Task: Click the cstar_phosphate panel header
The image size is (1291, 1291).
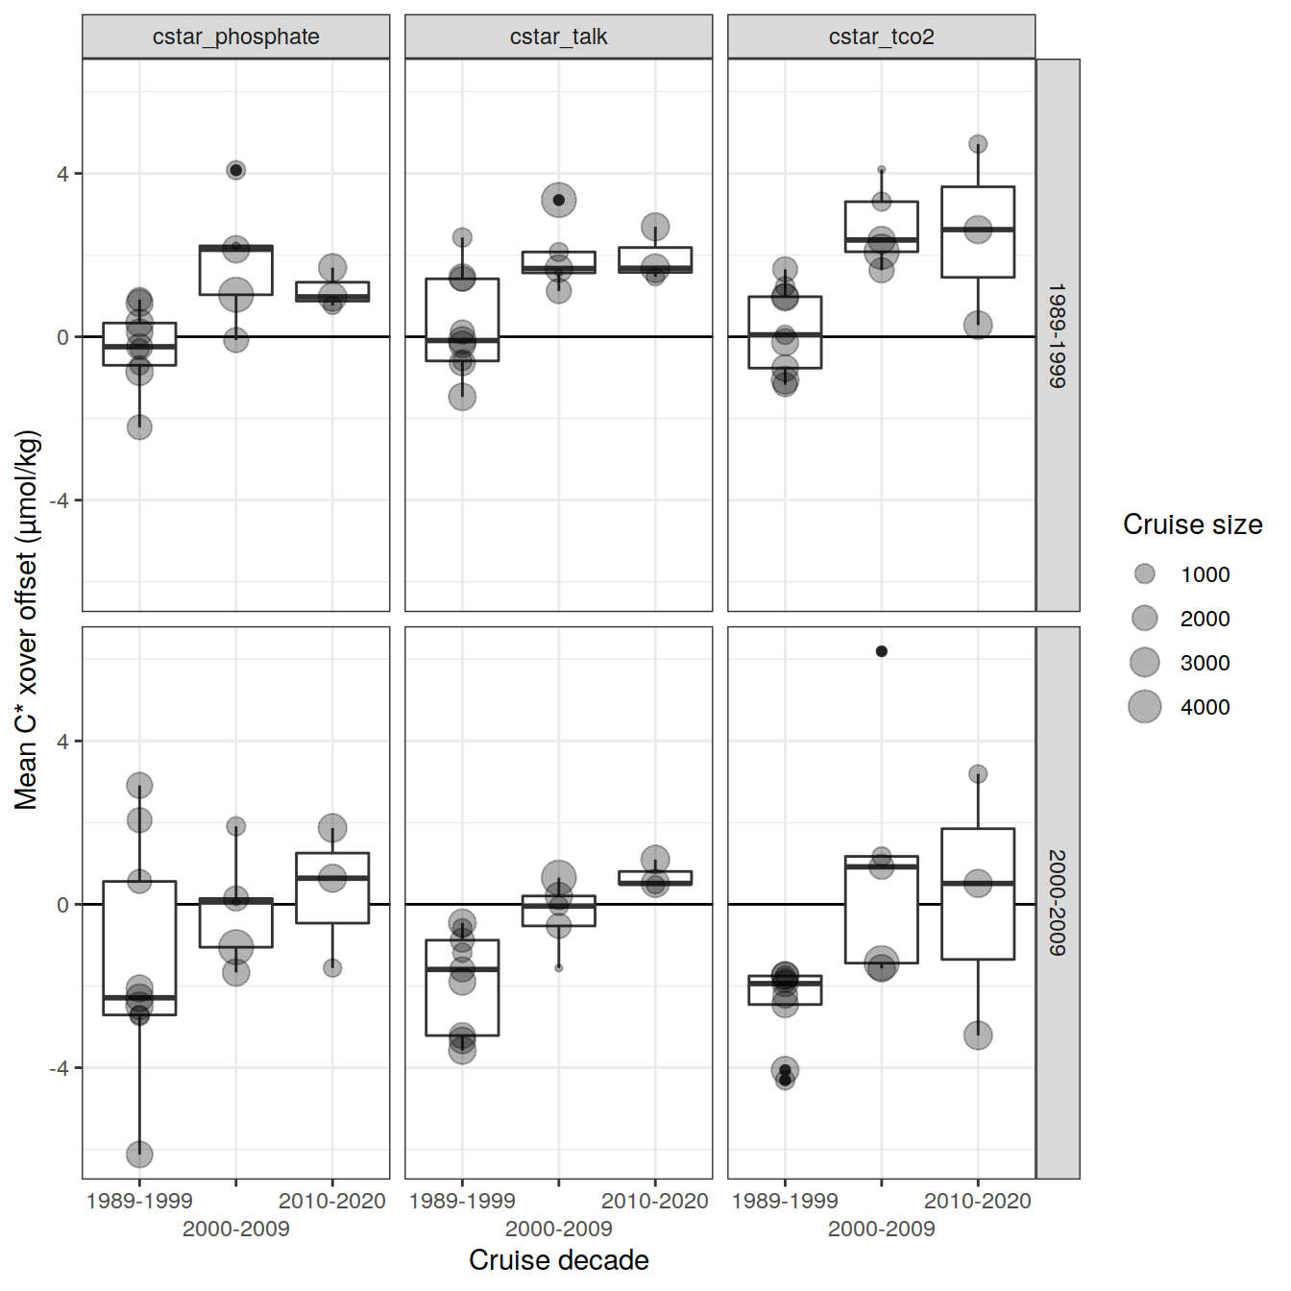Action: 235,37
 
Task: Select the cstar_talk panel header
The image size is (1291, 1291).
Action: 558,37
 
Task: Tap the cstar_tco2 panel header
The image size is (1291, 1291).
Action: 881,37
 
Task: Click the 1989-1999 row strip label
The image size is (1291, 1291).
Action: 1058,334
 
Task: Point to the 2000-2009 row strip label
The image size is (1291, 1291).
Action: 1058,902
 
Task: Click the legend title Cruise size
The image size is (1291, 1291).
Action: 1192,524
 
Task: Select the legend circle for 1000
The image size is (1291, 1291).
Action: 1144,573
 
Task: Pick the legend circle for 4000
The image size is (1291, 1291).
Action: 1144,706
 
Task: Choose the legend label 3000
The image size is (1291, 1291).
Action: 1205,663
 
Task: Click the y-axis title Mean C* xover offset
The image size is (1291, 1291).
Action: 26,620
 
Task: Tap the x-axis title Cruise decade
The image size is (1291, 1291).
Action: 558,1260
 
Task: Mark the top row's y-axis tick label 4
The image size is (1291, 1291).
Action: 62,174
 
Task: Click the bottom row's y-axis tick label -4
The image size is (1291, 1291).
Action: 60,1067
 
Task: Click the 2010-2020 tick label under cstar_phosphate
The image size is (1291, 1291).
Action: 331,1201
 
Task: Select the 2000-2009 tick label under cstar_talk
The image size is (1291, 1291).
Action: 558,1229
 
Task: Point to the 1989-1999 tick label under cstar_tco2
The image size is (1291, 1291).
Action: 785,1201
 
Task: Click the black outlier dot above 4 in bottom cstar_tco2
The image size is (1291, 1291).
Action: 882,651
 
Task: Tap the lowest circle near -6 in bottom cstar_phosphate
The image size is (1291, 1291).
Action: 139,1153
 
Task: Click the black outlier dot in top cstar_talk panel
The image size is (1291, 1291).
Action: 559,200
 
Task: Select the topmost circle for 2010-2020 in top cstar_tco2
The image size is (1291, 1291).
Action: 978,144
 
